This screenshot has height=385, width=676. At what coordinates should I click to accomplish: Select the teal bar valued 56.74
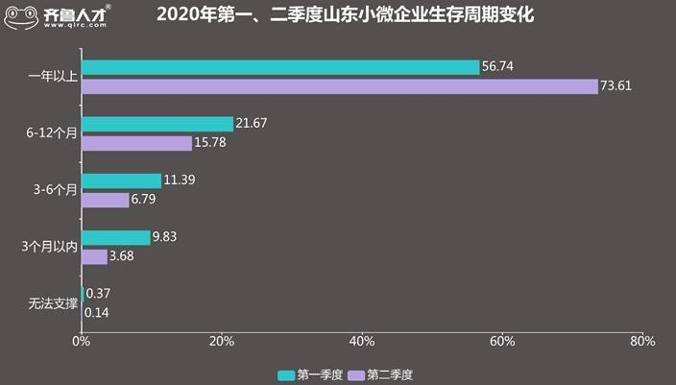coord(280,67)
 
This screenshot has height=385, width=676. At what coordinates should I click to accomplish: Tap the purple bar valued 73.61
coord(339,86)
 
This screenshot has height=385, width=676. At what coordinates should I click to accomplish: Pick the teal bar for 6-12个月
coord(157,124)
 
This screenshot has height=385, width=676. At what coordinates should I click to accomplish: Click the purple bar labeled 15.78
coord(136,143)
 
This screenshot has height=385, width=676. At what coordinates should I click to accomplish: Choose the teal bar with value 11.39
coord(121,180)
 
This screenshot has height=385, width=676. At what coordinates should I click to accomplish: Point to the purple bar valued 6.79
coord(105,200)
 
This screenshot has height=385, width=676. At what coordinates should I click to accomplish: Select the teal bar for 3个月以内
coord(116,237)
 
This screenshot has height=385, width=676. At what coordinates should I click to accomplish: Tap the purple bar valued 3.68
coord(94,256)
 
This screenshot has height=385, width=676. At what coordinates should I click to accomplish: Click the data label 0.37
coord(96,294)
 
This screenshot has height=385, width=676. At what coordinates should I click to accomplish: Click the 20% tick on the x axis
coord(222,342)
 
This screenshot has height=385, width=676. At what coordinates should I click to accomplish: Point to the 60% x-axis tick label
coord(502,342)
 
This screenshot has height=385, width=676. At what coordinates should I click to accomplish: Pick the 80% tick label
coord(642,342)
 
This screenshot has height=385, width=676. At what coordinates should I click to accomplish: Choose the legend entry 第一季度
coord(307,373)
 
